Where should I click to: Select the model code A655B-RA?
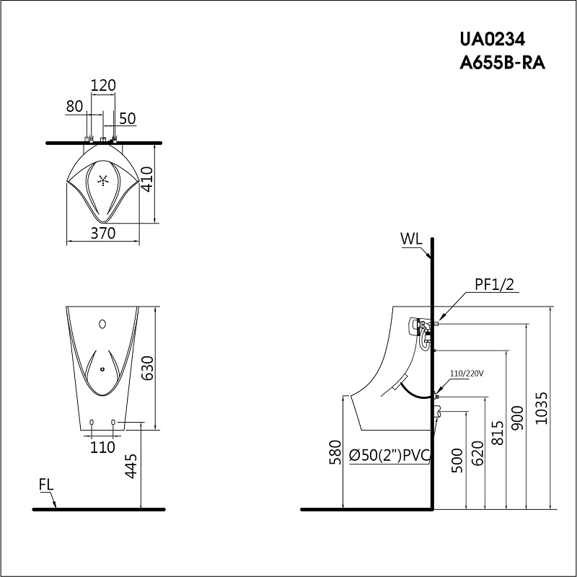click(502, 63)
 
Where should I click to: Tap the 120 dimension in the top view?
click(103, 85)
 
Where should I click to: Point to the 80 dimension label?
click(74, 106)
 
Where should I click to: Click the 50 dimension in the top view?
click(128, 118)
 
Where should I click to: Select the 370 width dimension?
click(103, 233)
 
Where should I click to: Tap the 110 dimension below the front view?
click(103, 447)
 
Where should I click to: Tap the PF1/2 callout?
click(493, 286)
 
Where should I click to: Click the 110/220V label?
click(466, 374)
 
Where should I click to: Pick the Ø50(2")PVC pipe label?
click(389, 455)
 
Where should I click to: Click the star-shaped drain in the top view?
click(103, 180)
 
